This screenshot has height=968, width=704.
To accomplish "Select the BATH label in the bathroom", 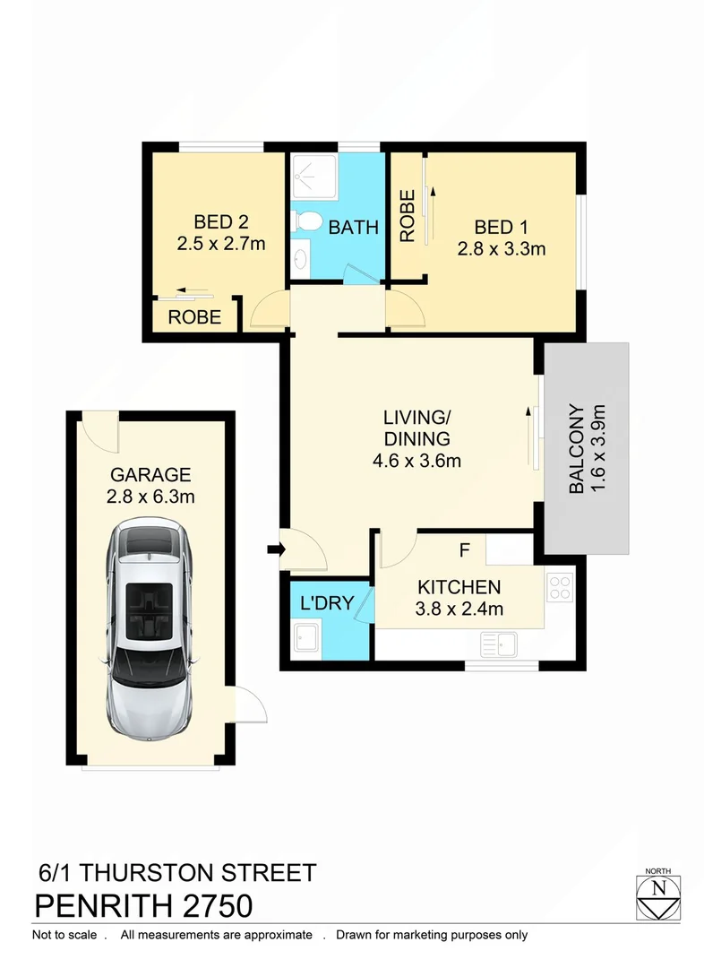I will [x=353, y=228].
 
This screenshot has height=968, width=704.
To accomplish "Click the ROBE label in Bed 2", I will [x=195, y=317].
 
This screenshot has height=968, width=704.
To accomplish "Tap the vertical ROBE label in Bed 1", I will [x=408, y=215].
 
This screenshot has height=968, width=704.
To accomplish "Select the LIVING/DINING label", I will [x=415, y=428].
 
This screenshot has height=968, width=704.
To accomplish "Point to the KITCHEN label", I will [x=459, y=588].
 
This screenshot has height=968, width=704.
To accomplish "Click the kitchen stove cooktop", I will [x=560, y=587].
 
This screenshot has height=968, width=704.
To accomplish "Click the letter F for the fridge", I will [x=464, y=549].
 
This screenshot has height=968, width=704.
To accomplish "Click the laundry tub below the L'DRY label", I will [x=307, y=637].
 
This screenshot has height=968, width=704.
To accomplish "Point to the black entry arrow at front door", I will [x=272, y=548].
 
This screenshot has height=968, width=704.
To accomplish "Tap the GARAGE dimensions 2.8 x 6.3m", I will [x=151, y=496].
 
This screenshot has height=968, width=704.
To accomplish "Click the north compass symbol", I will [x=660, y=893].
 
